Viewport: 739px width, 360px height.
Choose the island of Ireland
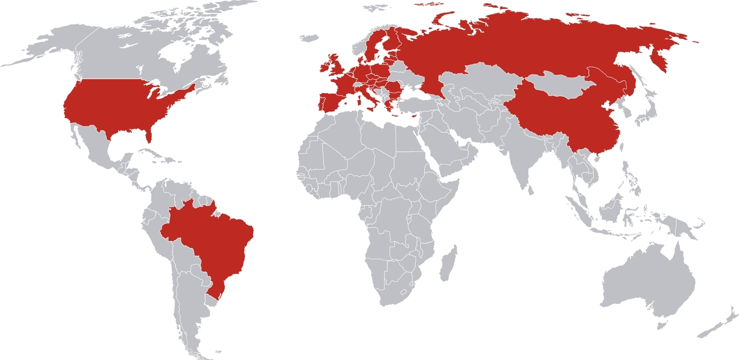pos(324,67)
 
